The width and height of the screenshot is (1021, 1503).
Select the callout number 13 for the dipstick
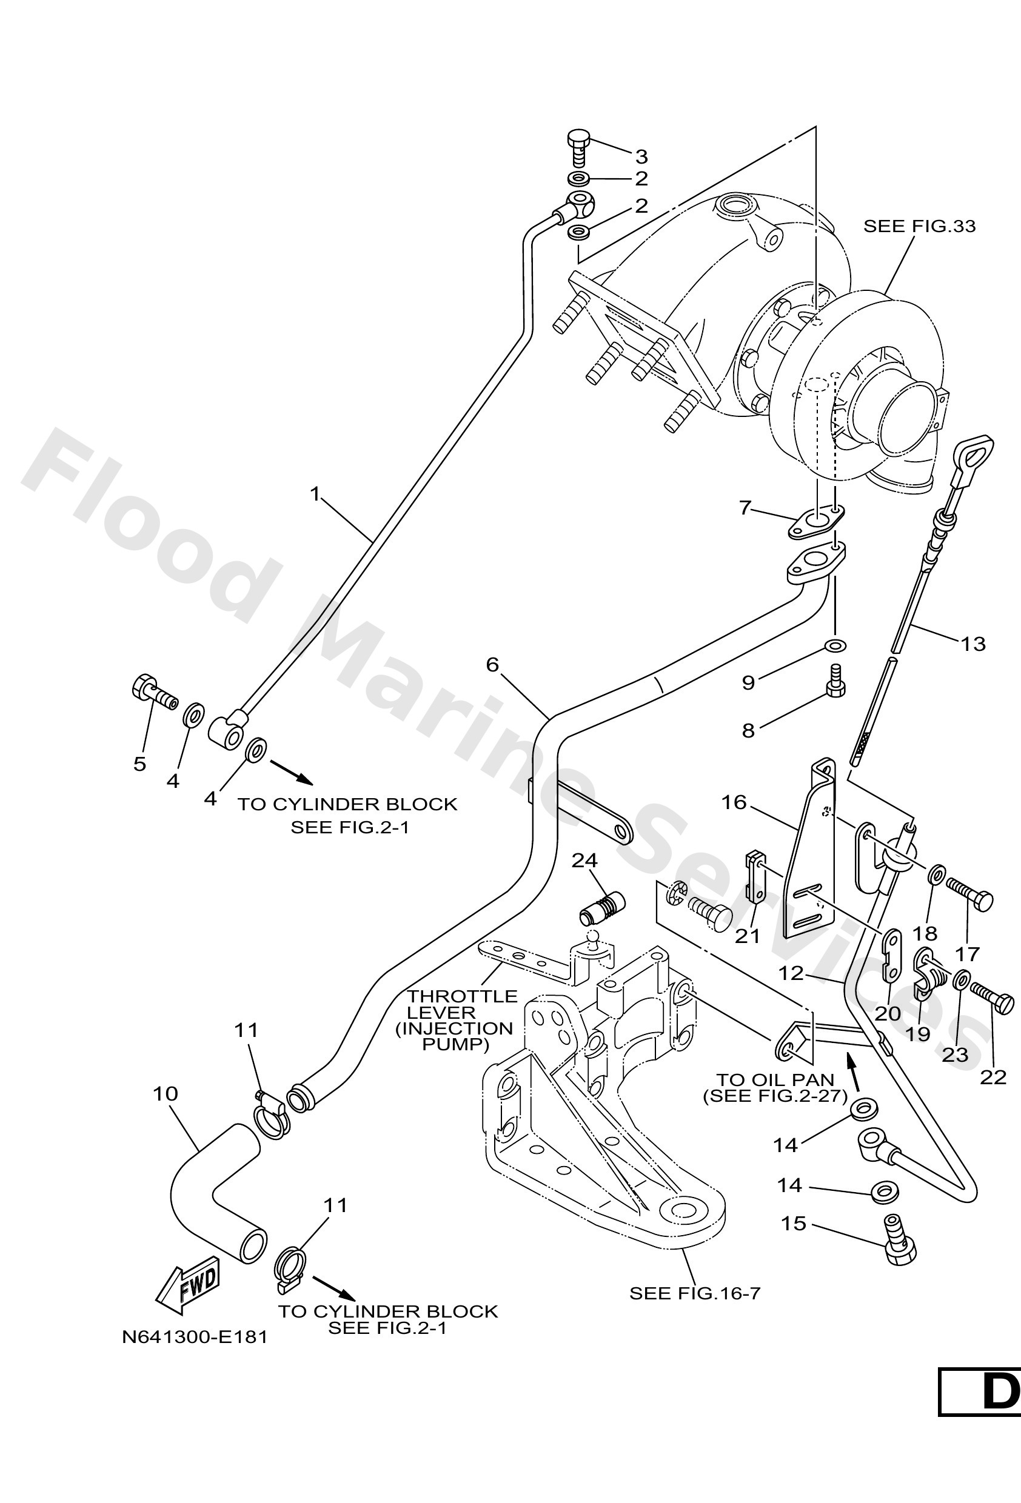tap(972, 644)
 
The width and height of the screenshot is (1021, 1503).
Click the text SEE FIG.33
tap(919, 226)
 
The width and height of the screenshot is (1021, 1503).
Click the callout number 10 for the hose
tap(166, 1093)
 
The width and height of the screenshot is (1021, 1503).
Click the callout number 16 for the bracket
tap(734, 802)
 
